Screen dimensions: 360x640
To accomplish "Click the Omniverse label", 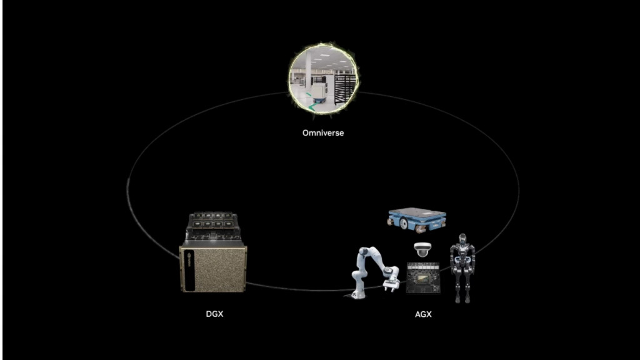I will click(x=322, y=133).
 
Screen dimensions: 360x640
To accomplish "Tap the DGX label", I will click(x=214, y=314).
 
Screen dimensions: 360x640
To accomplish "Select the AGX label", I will click(x=423, y=314).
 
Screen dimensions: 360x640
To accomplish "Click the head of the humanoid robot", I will click(x=462, y=239).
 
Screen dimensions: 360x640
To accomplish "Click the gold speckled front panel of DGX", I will click(x=216, y=269).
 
